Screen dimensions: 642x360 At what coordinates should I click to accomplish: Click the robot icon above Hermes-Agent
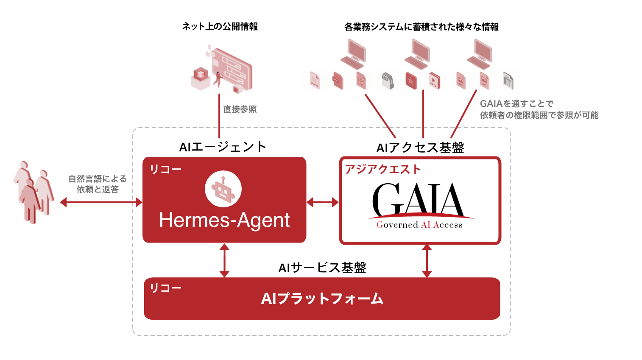(223, 189)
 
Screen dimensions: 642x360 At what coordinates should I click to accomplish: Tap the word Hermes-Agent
(224, 220)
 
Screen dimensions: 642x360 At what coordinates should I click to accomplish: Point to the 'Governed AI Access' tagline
(420, 225)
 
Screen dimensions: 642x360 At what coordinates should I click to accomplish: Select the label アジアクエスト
(382, 169)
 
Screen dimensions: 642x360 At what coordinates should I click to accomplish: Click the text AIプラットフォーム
(322, 299)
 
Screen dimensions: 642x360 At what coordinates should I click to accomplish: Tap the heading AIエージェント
(223, 147)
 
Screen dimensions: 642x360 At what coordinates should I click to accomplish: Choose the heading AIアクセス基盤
(420, 148)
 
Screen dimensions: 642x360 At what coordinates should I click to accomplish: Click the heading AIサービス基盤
(322, 268)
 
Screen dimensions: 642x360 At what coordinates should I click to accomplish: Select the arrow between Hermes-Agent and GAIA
(322, 202)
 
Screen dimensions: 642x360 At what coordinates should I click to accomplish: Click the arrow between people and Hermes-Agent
(101, 202)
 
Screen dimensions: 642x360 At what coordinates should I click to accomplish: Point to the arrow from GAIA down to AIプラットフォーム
(427, 261)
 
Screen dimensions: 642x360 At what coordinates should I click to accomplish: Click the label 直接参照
(240, 109)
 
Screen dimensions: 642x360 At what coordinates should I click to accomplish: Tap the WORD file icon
(314, 81)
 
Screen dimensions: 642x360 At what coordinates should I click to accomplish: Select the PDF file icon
(338, 81)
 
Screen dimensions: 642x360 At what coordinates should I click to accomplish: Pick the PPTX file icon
(434, 81)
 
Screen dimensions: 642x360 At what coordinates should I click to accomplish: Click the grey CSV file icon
(508, 81)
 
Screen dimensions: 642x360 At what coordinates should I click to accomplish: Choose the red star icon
(411, 81)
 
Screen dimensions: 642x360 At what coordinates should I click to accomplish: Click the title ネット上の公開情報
(220, 26)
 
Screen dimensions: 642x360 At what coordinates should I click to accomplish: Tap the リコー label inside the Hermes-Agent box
(165, 169)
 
